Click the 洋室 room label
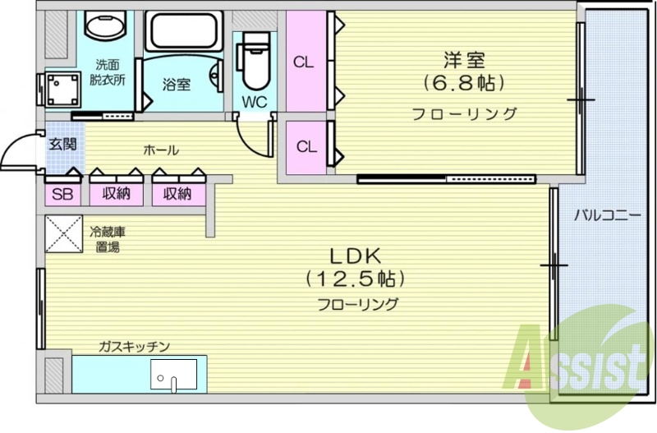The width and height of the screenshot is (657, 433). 464,59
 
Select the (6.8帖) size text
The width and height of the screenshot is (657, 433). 464,83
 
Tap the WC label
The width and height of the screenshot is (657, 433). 253,103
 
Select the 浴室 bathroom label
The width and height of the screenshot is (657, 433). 176,85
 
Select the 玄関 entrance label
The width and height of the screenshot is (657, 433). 62,145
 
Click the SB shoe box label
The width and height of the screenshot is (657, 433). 62,194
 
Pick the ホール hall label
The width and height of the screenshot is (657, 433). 161,150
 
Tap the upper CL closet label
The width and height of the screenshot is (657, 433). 303,61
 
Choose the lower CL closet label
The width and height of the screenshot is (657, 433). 306,147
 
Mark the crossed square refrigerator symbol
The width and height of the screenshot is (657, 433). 62,233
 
